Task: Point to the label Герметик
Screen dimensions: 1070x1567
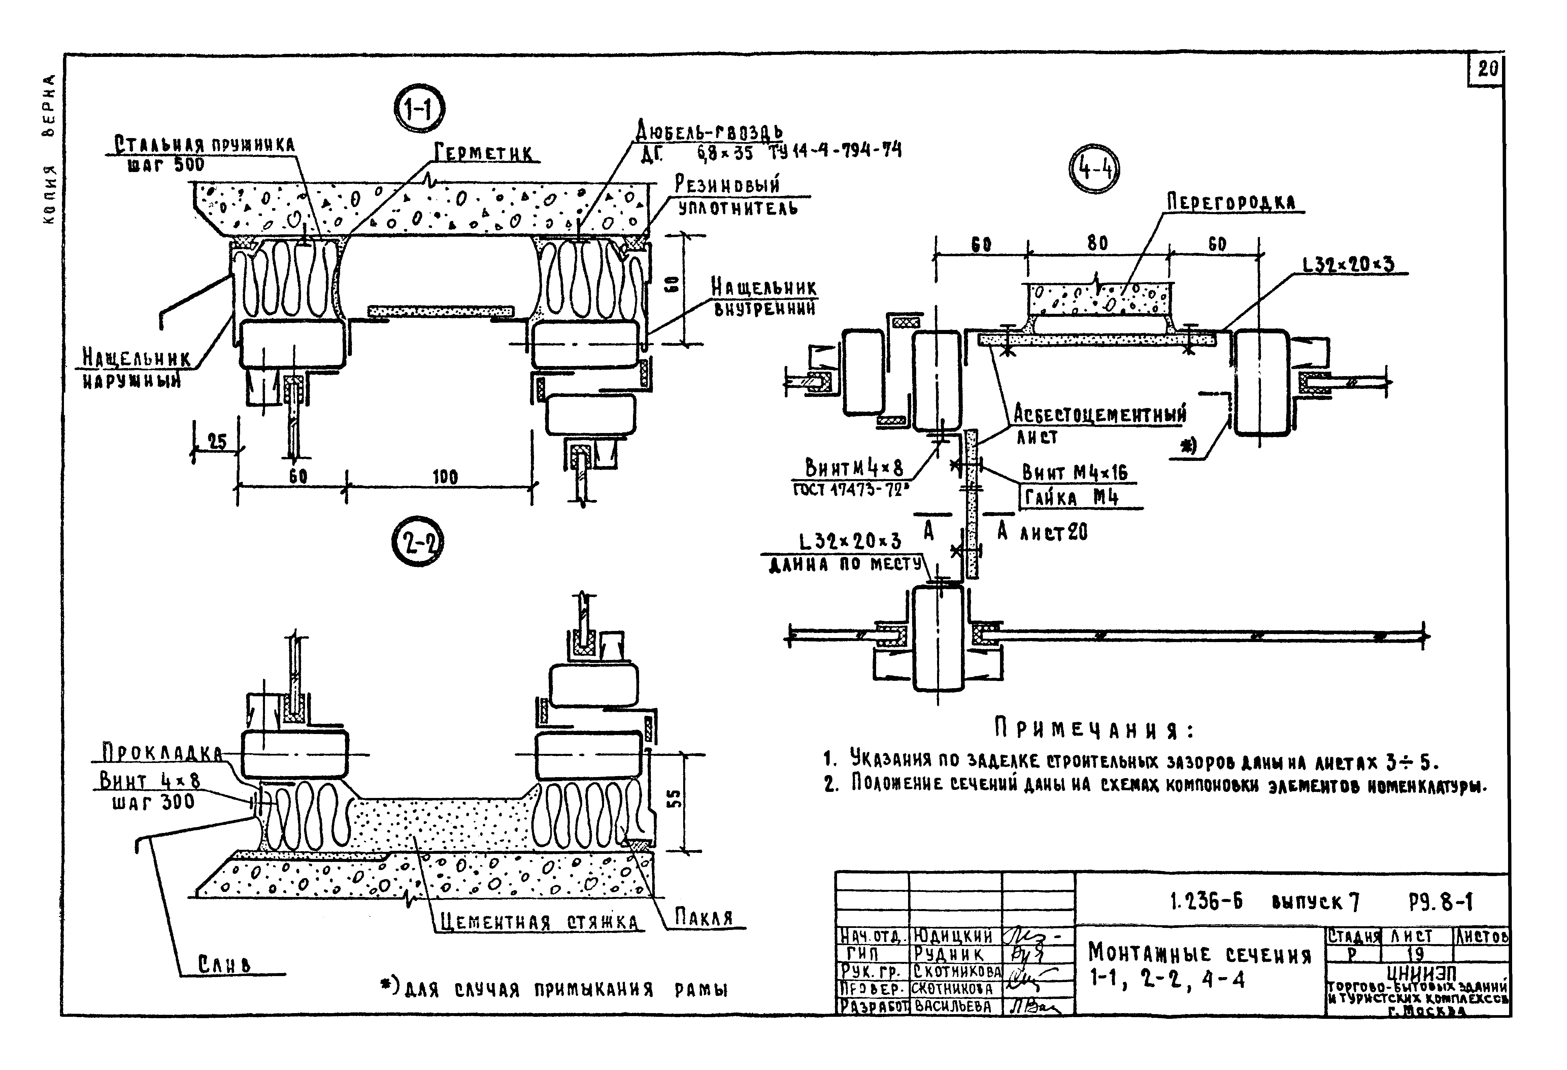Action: click(484, 153)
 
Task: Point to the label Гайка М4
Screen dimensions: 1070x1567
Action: click(1071, 498)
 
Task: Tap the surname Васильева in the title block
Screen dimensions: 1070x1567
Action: click(953, 1007)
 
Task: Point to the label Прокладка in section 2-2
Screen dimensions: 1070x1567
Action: click(162, 753)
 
